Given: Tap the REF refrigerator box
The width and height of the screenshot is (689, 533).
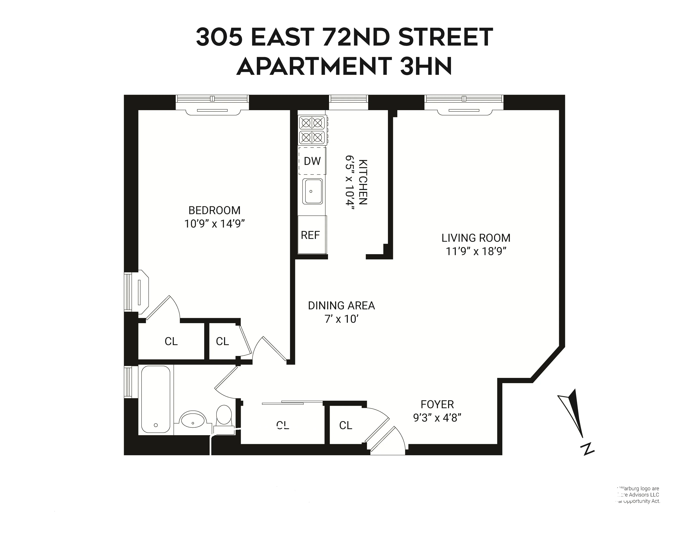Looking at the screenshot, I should [310, 235].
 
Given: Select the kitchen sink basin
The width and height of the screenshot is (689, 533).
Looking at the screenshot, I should [312, 191].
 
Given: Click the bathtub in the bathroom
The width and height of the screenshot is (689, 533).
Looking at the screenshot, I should [156, 399].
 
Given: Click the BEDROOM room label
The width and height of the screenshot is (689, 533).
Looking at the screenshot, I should [214, 210].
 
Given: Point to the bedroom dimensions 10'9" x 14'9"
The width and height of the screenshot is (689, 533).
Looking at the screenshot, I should [214, 224].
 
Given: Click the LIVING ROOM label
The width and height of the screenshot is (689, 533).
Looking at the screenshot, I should [476, 238].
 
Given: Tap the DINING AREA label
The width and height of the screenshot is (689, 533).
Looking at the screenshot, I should [341, 306].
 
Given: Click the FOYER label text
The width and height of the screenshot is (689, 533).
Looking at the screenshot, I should [437, 404].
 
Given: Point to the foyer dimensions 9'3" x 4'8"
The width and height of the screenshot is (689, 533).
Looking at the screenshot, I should [437, 418].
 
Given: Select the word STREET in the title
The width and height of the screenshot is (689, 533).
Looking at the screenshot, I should [446, 37].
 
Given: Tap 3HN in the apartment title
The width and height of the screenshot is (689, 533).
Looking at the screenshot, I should [426, 66].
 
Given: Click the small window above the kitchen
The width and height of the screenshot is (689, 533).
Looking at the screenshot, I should [349, 99].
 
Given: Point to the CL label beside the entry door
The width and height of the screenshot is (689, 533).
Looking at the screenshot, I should [346, 425].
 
